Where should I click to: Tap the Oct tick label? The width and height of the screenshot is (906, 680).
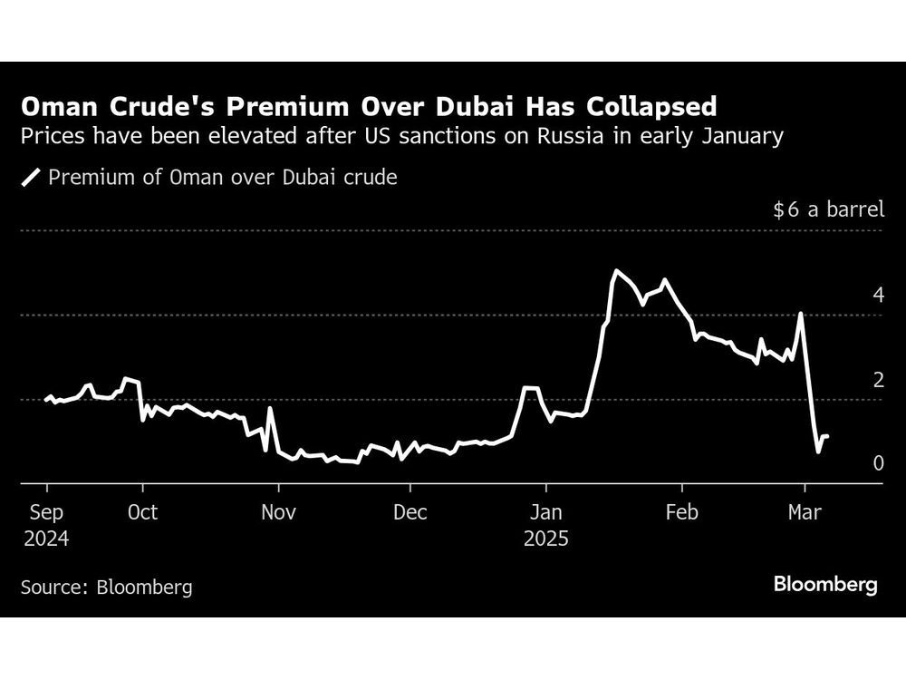click(x=142, y=512)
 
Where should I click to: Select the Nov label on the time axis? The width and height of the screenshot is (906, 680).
click(x=279, y=512)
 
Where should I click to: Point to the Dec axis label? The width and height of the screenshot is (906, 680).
click(x=410, y=512)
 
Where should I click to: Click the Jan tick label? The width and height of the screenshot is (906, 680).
click(x=545, y=512)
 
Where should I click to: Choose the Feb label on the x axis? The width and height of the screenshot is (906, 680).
click(x=680, y=512)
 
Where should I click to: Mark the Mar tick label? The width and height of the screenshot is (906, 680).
click(x=805, y=512)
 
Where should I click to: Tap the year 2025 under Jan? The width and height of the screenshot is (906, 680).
click(x=545, y=539)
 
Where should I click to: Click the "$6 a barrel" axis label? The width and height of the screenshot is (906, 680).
click(x=828, y=210)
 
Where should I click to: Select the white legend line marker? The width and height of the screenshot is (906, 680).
click(x=32, y=178)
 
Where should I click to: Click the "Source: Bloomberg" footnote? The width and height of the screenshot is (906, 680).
click(x=106, y=587)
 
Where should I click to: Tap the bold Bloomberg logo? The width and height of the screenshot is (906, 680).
click(x=825, y=585)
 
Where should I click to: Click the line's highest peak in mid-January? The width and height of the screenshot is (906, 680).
click(x=616, y=270)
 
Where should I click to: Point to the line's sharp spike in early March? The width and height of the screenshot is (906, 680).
click(x=801, y=314)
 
